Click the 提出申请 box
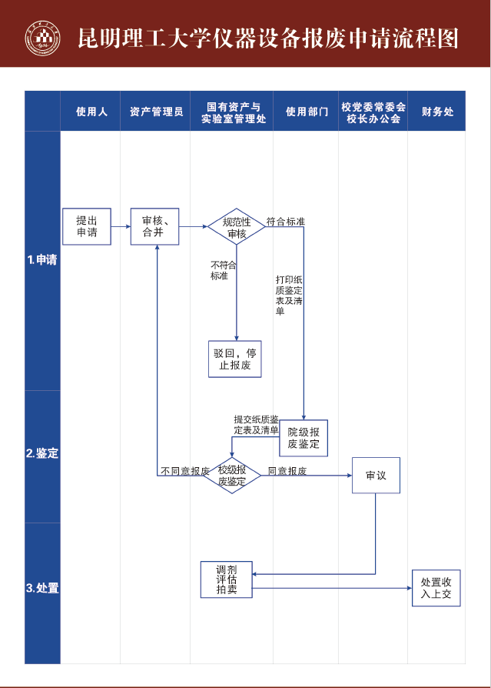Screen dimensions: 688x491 point(87,226)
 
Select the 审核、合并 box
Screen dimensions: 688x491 point(154,226)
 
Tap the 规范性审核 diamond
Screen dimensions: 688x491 point(236,227)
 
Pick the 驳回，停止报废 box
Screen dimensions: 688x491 point(235,359)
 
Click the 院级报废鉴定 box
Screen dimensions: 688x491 point(304,438)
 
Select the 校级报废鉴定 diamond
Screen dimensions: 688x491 point(232,476)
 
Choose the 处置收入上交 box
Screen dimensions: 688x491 point(436,588)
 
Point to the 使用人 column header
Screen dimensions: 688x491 point(91,112)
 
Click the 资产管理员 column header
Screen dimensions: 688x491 point(156,112)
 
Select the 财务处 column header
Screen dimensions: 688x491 point(436,112)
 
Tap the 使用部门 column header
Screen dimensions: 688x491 point(306,112)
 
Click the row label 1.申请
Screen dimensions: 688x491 point(42,260)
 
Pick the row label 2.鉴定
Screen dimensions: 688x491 point(42,454)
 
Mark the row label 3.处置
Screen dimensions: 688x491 point(42,589)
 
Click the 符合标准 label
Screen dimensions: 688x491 point(286,222)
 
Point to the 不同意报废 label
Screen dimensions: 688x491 point(185,471)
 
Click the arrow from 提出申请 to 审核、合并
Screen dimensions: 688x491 point(121,227)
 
